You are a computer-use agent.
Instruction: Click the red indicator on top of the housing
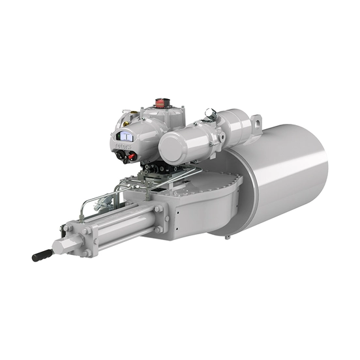tap(160, 102)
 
